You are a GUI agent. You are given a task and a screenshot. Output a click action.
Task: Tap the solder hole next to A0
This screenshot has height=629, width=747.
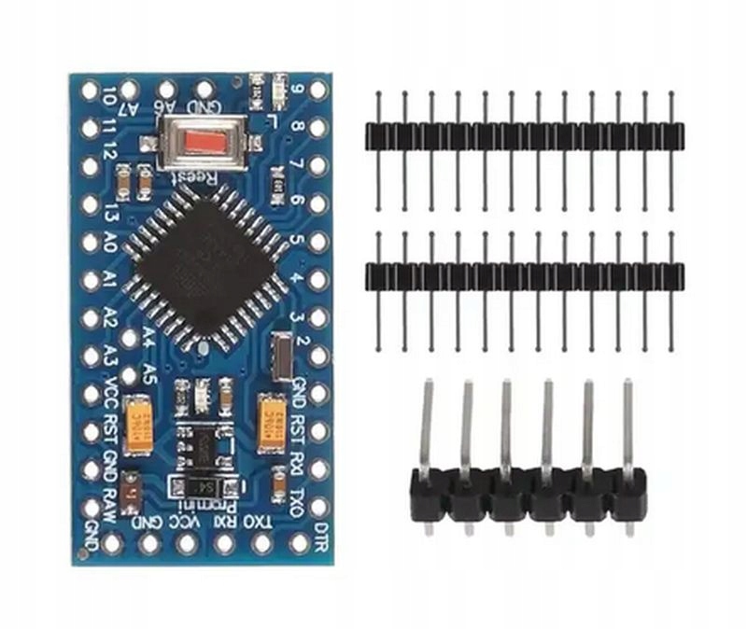click(x=90, y=242)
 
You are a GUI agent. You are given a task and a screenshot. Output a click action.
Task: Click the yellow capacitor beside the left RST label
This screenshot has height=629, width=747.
click(x=139, y=432)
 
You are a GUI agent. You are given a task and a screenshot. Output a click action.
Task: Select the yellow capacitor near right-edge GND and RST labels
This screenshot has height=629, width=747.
click(x=273, y=420)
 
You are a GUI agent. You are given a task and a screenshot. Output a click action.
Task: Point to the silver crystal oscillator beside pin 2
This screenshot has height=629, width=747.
click(x=283, y=356)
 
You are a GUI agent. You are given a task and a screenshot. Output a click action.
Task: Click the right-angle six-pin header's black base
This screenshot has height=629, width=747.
click(x=528, y=496)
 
